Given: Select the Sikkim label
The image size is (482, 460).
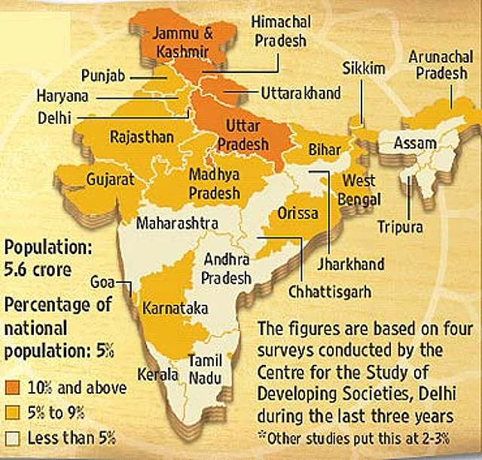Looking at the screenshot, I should point(365,69).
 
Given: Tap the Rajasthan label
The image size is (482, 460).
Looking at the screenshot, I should point(142,137).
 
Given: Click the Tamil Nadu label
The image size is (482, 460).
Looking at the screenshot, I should point(205,367).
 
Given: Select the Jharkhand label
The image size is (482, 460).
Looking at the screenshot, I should point(350,264).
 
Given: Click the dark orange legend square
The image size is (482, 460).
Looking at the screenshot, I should point(13,388).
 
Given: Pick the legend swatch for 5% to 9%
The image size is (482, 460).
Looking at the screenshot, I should point(13,412).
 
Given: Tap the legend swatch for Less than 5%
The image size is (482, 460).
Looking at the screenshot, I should point(13,437).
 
